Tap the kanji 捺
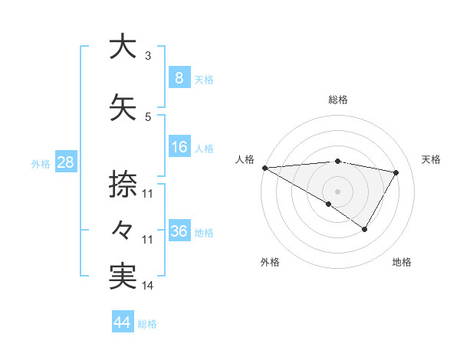pos(123,185)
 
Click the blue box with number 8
pos(179,78)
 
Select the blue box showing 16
pos(179,147)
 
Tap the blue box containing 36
pos(179,231)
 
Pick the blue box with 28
pos(65,162)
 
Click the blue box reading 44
pos(122,322)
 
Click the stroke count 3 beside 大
pos(148,56)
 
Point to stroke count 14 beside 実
pos(148,286)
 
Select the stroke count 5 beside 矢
pos(148,117)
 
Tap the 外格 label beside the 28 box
pos(40,163)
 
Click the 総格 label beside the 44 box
pos(147,324)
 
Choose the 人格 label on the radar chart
pos(245,159)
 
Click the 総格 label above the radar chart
pos(337,100)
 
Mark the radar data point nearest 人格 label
pos(264,168)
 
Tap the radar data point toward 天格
pos(396,172)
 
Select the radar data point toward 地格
pos(365,229)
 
